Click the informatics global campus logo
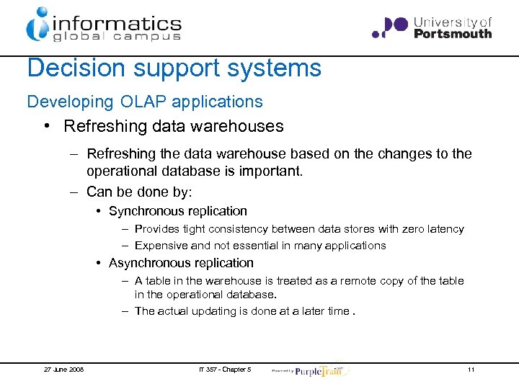tap(103, 25)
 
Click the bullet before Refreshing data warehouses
tap(46, 127)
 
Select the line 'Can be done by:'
tap(140, 192)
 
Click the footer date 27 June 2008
tap(63, 370)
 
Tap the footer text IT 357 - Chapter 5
tap(224, 370)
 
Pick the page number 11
tap(471, 370)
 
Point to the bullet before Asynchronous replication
tap(98, 264)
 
